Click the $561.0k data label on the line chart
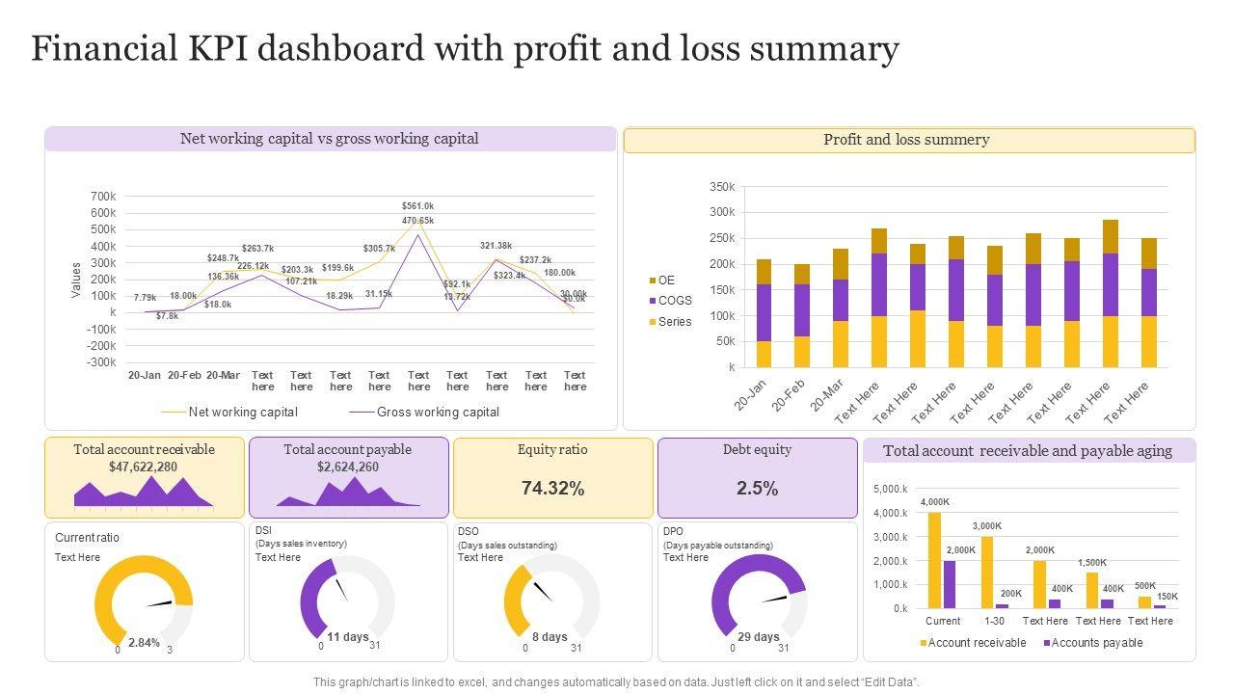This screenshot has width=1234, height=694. pos(418,205)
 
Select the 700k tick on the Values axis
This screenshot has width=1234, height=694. pos(103,197)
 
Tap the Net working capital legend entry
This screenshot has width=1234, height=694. pos(243,413)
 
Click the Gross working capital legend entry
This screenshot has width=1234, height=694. pos(438,413)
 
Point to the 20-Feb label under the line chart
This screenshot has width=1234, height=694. pos(184,375)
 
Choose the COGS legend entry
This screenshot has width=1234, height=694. pos(675,301)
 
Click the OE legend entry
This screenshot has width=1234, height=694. pos(666,280)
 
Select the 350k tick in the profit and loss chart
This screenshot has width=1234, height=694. pos(722,186)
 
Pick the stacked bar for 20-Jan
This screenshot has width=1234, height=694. pos(764,313)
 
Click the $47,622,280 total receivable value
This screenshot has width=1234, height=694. pos(143,467)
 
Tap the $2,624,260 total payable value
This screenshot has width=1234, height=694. pos(348,467)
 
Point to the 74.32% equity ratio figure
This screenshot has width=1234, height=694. pos(552,489)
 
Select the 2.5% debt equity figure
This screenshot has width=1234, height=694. pos(757,489)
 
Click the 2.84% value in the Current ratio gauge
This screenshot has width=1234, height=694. pos(144,642)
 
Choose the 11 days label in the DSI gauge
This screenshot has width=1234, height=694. pos(348,637)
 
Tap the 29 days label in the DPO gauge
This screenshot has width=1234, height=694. pos(759,637)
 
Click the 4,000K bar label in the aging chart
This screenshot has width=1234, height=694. pos(934,502)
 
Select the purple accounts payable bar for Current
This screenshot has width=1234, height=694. pos(950,584)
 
